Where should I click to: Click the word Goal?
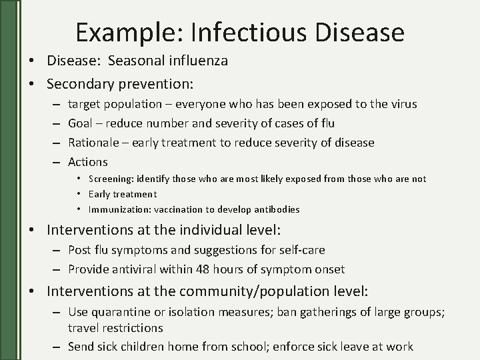click(x=81, y=123)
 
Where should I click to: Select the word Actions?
click(x=88, y=162)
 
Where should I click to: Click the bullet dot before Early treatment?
click(x=79, y=195)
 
